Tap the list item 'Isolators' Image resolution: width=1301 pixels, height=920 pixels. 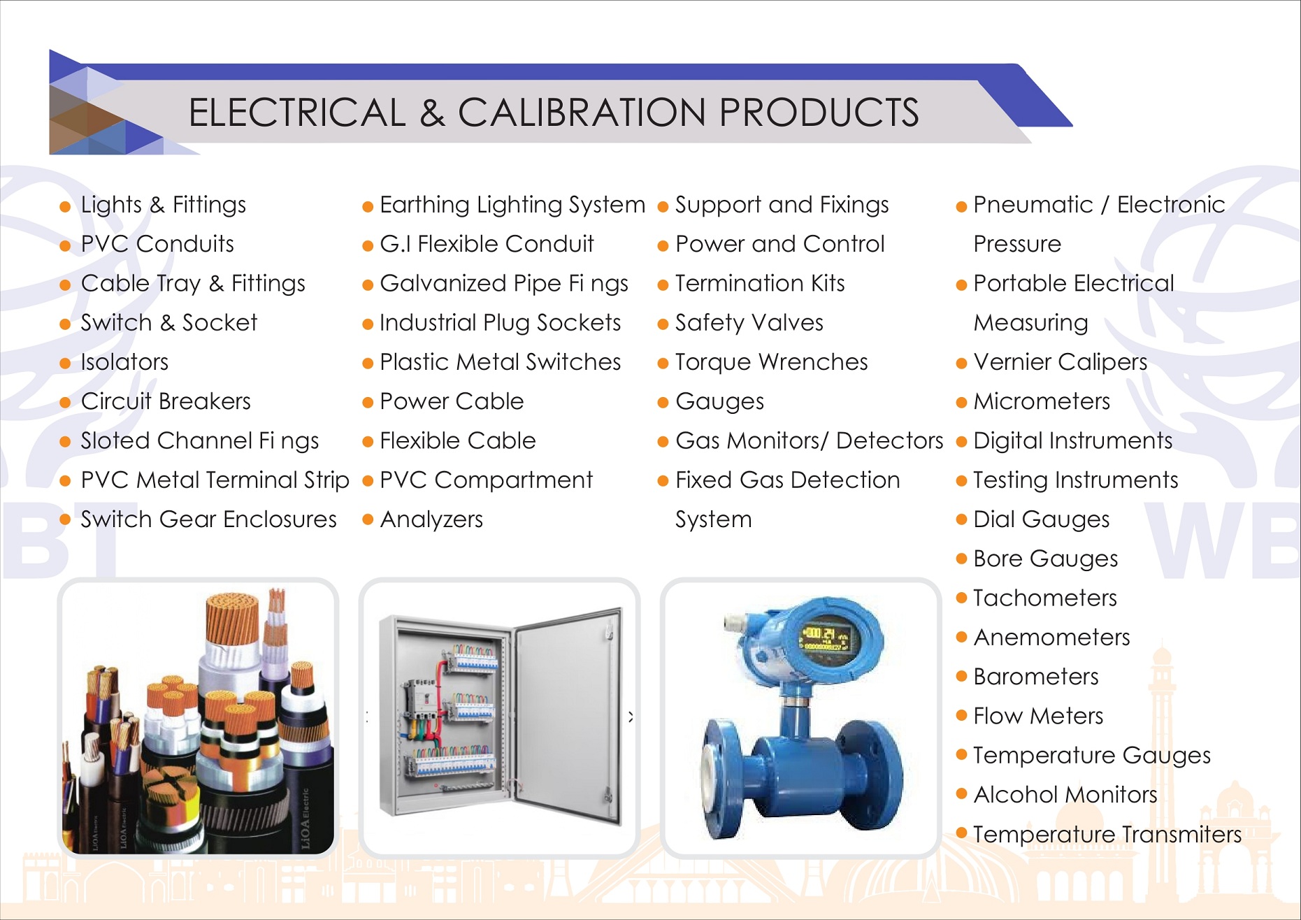click(124, 362)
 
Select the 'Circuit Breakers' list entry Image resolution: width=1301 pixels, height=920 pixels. click(166, 401)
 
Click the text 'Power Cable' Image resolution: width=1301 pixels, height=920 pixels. click(452, 401)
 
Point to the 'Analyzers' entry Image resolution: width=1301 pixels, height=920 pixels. click(431, 519)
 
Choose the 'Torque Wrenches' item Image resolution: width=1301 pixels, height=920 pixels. click(771, 362)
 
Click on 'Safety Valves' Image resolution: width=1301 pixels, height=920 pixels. click(749, 323)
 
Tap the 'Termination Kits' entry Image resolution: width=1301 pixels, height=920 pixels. click(760, 283)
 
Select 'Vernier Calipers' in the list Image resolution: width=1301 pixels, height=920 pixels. click(1061, 362)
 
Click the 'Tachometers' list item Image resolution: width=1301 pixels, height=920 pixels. click(1045, 598)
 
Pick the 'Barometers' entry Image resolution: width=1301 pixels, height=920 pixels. click(1036, 677)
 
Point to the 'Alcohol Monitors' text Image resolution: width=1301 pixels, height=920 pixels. click(1065, 795)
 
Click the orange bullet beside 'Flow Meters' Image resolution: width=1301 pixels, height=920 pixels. click(961, 715)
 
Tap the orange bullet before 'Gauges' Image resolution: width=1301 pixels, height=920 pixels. click(663, 403)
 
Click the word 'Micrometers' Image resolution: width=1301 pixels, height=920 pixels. click(1042, 401)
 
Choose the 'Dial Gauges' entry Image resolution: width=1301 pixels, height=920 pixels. click(1042, 519)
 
